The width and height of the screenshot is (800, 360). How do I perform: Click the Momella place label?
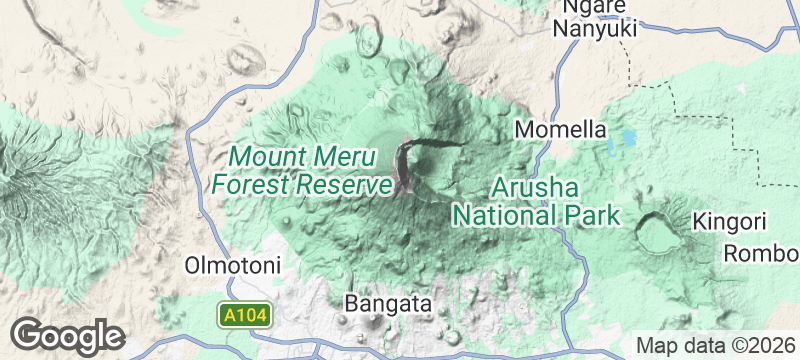point(561,130)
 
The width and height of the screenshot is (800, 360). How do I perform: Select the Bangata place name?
point(387,302)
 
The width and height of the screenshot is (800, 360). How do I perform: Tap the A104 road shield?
point(245,316)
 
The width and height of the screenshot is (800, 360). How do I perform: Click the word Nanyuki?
point(596,30)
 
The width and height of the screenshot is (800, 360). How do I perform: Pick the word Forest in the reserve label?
point(249,184)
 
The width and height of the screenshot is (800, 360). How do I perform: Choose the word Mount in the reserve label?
point(267,157)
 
